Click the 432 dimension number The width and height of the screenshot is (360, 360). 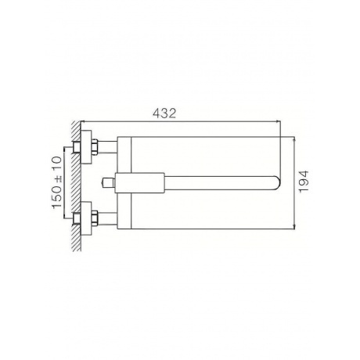164,113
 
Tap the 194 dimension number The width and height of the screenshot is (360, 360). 304,182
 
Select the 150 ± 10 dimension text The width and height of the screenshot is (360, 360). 57,182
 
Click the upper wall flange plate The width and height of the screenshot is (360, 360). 86,147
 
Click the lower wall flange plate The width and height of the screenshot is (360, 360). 86,218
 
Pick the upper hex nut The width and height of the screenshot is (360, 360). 95,147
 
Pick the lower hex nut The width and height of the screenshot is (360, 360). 95,218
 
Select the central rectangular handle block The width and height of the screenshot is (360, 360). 140,183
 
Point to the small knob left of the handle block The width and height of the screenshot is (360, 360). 109,183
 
